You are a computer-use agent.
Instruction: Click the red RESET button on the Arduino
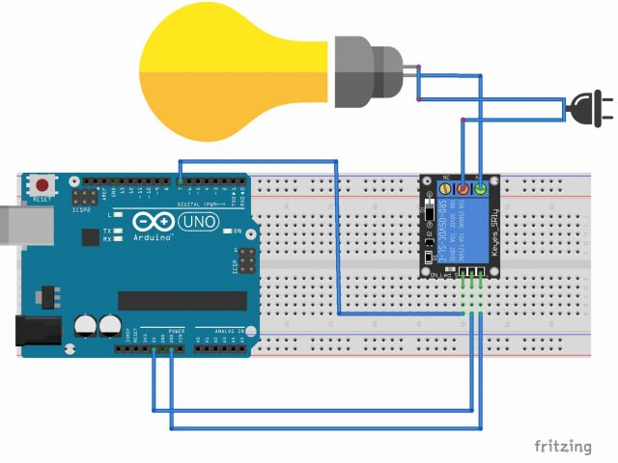[x=42, y=184]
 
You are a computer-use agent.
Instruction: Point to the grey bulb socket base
[x=367, y=71]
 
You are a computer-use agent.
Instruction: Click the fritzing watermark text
[x=563, y=446]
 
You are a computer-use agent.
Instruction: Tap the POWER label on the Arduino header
[x=177, y=330]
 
